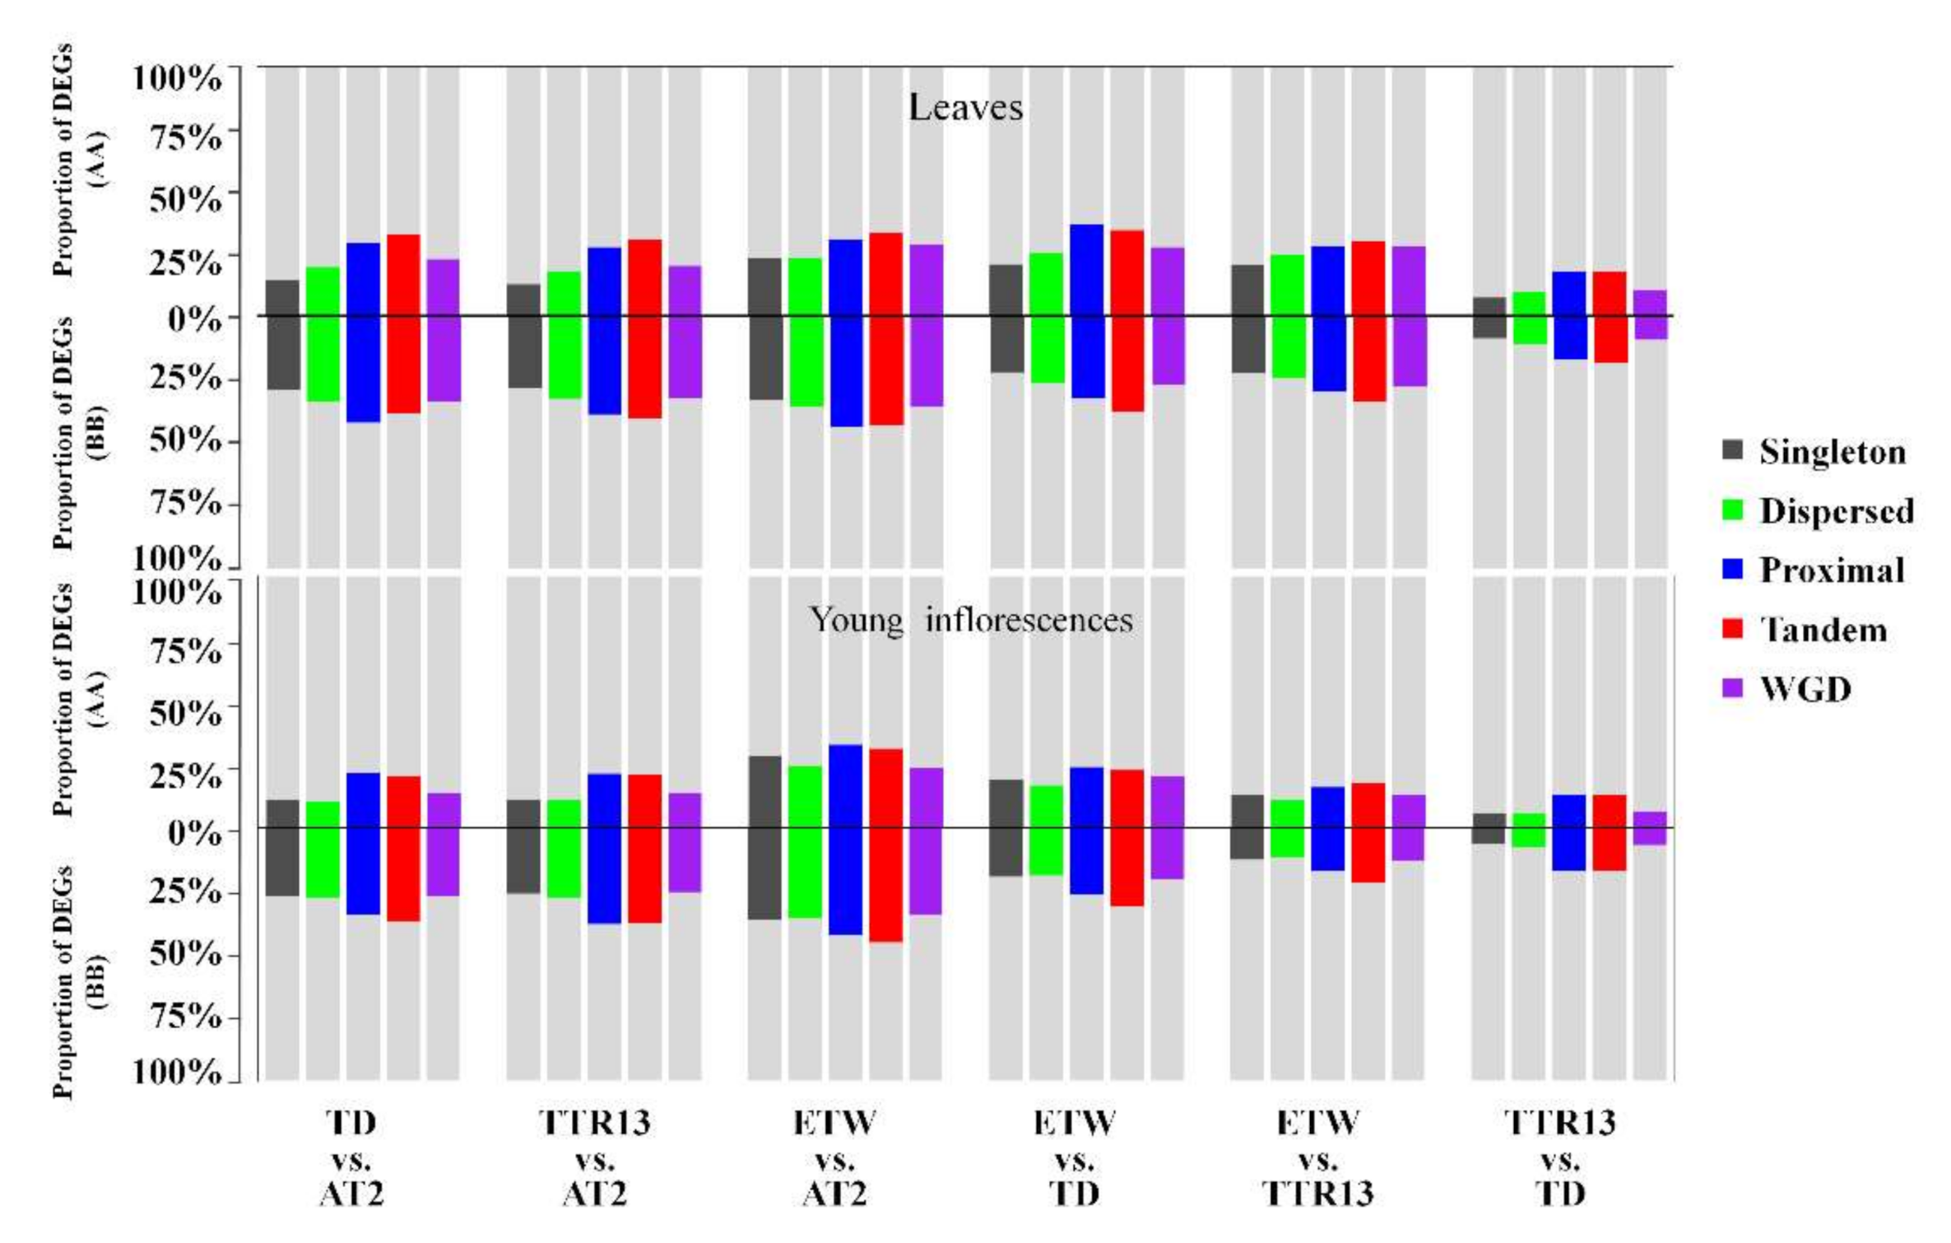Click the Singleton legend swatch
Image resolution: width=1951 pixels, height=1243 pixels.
[1732, 450]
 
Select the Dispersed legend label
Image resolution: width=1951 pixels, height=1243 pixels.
[1836, 510]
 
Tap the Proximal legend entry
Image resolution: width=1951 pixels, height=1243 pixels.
[1832, 570]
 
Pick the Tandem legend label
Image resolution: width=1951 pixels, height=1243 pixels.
[1823, 630]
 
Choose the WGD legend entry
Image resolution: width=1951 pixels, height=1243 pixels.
[1805, 688]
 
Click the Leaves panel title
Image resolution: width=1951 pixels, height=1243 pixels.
[965, 108]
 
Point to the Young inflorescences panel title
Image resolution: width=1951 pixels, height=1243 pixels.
[971, 620]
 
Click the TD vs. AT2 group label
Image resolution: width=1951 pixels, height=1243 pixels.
[351, 1157]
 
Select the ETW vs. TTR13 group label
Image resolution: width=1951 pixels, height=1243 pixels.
[1318, 1157]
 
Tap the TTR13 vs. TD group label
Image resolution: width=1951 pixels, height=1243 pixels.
[1559, 1157]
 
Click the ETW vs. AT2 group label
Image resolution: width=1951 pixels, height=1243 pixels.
[834, 1157]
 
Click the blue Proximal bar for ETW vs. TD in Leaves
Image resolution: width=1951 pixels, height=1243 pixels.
[1086, 311]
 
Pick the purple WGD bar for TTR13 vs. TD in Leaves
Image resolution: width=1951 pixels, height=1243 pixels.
[1650, 314]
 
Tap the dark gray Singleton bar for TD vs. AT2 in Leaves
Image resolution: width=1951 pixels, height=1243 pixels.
[283, 334]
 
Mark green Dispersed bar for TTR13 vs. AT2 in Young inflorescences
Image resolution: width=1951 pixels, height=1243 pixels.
[564, 848]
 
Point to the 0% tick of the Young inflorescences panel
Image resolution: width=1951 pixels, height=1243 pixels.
[194, 831]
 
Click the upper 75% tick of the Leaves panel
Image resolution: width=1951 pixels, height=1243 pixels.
[185, 137]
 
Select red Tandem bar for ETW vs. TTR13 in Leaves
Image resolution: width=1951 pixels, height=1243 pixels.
[1368, 321]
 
